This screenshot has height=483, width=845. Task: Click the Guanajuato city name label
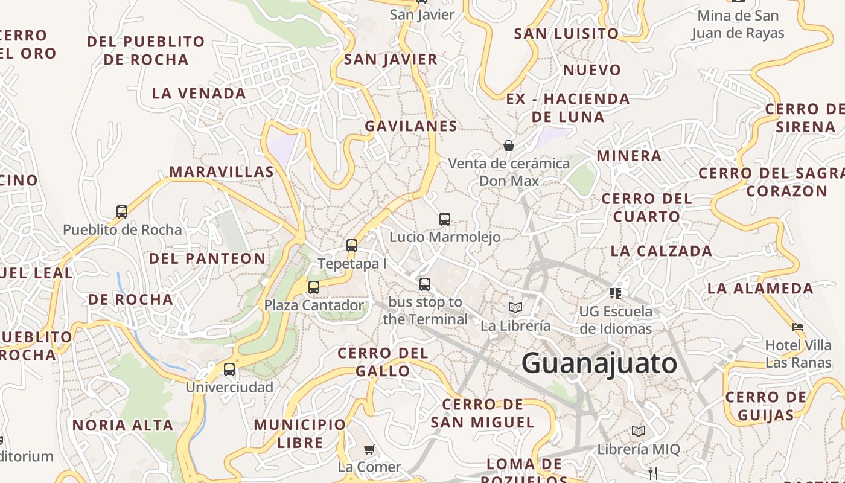599,363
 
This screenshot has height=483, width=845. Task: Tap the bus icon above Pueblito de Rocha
122,212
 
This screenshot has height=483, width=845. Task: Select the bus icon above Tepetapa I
352,246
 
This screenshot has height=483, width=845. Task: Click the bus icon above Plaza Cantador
314,287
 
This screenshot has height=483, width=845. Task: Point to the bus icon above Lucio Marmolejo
445,219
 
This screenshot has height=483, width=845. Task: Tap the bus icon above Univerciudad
229,369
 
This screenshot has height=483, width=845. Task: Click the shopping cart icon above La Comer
369,449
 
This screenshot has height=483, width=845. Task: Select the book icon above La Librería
515,308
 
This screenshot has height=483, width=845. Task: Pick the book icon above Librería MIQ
638,432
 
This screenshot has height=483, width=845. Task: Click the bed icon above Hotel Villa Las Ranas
798,327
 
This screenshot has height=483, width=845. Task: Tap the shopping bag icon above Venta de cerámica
509,146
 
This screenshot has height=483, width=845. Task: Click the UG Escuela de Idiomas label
616,320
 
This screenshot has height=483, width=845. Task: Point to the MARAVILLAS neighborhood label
222,172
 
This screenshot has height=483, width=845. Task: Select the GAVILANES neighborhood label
410,126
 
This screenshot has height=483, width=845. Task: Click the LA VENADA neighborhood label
199,94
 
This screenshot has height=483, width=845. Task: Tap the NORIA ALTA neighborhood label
123,426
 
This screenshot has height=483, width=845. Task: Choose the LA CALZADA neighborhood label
661,251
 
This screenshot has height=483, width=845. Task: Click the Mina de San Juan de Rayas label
738,24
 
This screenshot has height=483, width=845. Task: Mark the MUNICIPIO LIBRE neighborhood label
300,433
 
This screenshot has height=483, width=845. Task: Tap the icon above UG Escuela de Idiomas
616,293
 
